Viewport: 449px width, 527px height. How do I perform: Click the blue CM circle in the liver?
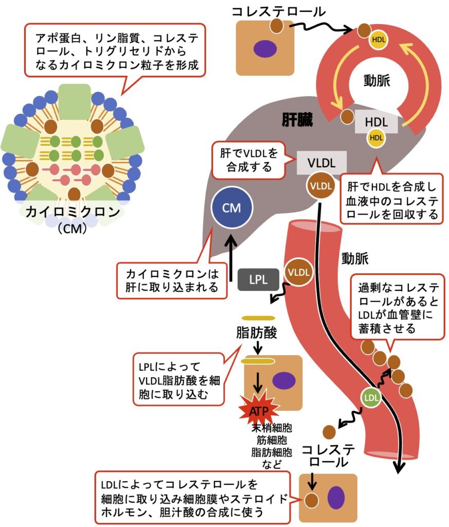coord(231,208)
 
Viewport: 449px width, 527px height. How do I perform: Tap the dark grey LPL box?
coord(258,279)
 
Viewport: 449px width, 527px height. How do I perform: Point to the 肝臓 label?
coord(297,120)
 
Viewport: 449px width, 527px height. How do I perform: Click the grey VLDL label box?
coord(321,163)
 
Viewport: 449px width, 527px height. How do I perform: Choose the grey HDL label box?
coord(376,122)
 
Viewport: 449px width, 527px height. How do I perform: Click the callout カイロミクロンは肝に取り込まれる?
coord(172,279)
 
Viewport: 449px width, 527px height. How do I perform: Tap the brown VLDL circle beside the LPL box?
coord(299,272)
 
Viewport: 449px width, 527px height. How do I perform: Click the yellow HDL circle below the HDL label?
coord(376,137)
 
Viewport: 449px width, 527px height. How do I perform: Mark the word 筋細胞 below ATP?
coord(271,440)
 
